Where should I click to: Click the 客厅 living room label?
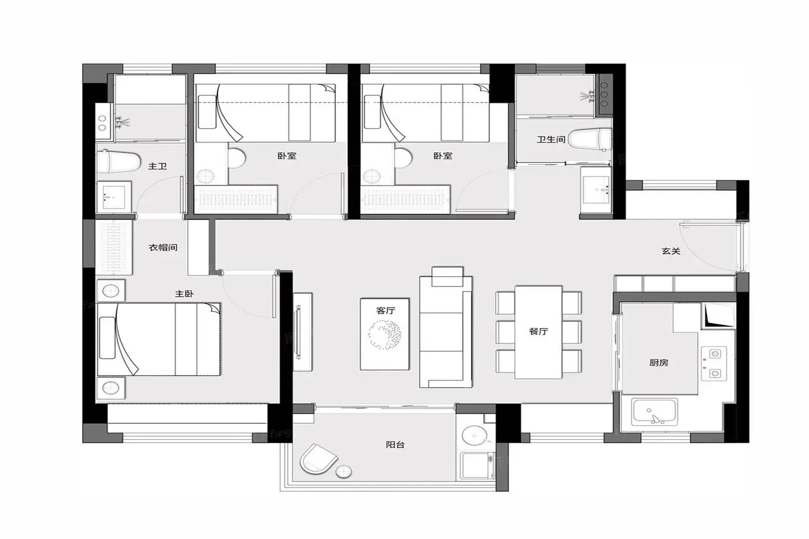(385, 310)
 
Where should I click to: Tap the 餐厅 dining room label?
(539, 332)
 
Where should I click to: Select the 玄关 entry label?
(671, 251)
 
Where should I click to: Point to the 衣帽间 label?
(163, 247)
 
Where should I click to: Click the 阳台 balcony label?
(395, 444)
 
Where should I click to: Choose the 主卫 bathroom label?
(157, 166)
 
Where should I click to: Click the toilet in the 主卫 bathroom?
(118, 162)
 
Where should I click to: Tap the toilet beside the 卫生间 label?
(590, 139)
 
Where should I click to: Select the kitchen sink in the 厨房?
(654, 411)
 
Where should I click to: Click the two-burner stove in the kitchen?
(714, 363)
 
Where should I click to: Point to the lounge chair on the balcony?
(318, 459)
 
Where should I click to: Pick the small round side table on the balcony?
(343, 471)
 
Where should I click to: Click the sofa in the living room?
(446, 332)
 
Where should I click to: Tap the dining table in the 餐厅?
(538, 332)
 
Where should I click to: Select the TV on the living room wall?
(298, 332)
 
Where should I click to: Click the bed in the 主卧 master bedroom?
(159, 339)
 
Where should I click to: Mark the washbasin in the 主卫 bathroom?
(114, 197)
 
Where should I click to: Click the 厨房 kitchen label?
(659, 363)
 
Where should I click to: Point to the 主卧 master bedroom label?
(184, 294)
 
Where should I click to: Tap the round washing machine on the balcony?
(475, 437)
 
